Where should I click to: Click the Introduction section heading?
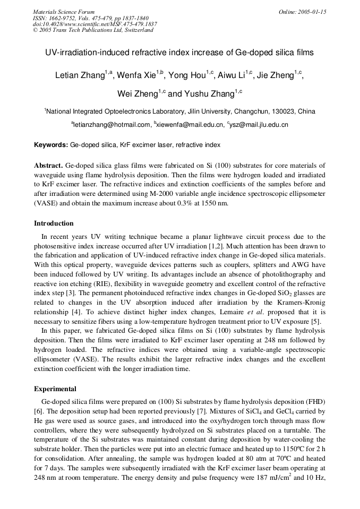tap(54, 223)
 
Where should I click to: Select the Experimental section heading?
tap(55, 389)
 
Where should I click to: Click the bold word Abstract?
tap(48, 166)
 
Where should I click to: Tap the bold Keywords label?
tap(51, 144)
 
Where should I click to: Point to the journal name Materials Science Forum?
tap(64, 12)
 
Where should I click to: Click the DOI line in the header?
tap(95, 24)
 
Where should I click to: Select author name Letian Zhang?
tap(80, 75)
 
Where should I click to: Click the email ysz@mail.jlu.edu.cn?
tap(259, 125)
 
